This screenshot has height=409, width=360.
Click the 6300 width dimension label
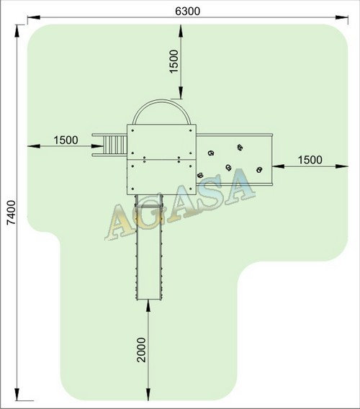click(x=188, y=12)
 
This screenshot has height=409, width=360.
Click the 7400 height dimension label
click(x=12, y=212)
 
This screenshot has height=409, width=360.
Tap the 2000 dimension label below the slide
click(x=141, y=350)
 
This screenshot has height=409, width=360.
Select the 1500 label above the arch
click(x=174, y=61)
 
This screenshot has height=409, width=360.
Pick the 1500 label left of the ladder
click(x=66, y=140)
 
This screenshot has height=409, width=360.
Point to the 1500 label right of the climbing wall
click(x=310, y=160)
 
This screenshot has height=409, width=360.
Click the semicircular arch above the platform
click(x=161, y=102)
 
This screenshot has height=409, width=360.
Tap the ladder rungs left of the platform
click(x=115, y=145)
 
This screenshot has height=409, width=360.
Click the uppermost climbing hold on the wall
click(x=240, y=148)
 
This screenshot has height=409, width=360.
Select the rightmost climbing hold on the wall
click(x=259, y=170)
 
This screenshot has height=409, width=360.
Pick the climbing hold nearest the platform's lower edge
click(x=200, y=175)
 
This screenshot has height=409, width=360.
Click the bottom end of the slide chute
click(x=149, y=299)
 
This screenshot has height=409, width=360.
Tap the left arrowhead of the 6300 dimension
click(x=34, y=17)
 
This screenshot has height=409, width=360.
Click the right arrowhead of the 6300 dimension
click(x=341, y=17)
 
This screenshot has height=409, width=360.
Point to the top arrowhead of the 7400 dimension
click(x=17, y=31)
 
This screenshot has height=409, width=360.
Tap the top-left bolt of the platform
click(x=132, y=130)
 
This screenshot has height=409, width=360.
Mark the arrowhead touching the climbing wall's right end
click(x=279, y=166)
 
